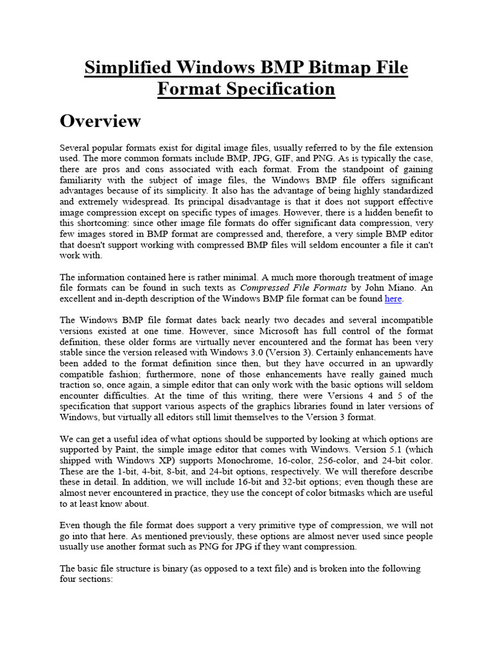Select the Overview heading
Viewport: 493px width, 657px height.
click(x=100, y=121)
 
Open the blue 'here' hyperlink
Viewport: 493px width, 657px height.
click(x=393, y=299)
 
